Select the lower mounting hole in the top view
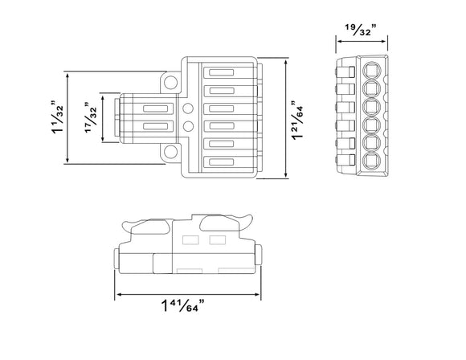[171, 151]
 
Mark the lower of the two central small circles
[187, 127]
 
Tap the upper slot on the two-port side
[152, 108]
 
